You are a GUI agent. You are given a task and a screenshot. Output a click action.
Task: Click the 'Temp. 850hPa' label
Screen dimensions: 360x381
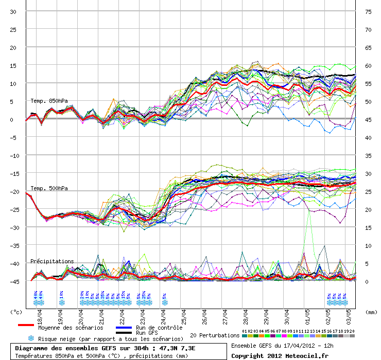(49, 101)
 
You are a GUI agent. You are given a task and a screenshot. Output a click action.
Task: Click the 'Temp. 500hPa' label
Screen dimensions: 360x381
(49, 188)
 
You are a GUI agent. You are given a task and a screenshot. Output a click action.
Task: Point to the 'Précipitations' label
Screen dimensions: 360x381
(52, 261)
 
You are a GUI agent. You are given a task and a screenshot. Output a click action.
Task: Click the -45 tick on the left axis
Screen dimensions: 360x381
(12, 281)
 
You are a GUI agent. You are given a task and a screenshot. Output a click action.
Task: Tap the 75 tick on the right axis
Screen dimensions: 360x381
(368, 11)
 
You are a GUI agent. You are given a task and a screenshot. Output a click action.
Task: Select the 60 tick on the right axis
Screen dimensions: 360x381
(368, 65)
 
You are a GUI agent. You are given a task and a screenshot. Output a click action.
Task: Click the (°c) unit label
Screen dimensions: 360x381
(16, 312)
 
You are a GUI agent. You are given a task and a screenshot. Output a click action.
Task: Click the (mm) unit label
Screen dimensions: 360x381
(371, 312)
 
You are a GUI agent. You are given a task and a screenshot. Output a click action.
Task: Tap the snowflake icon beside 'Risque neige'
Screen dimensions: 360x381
(31, 338)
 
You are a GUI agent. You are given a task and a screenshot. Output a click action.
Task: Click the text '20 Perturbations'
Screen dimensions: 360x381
(215, 335)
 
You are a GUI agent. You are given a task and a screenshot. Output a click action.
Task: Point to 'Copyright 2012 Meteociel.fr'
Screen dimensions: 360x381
(280, 355)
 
